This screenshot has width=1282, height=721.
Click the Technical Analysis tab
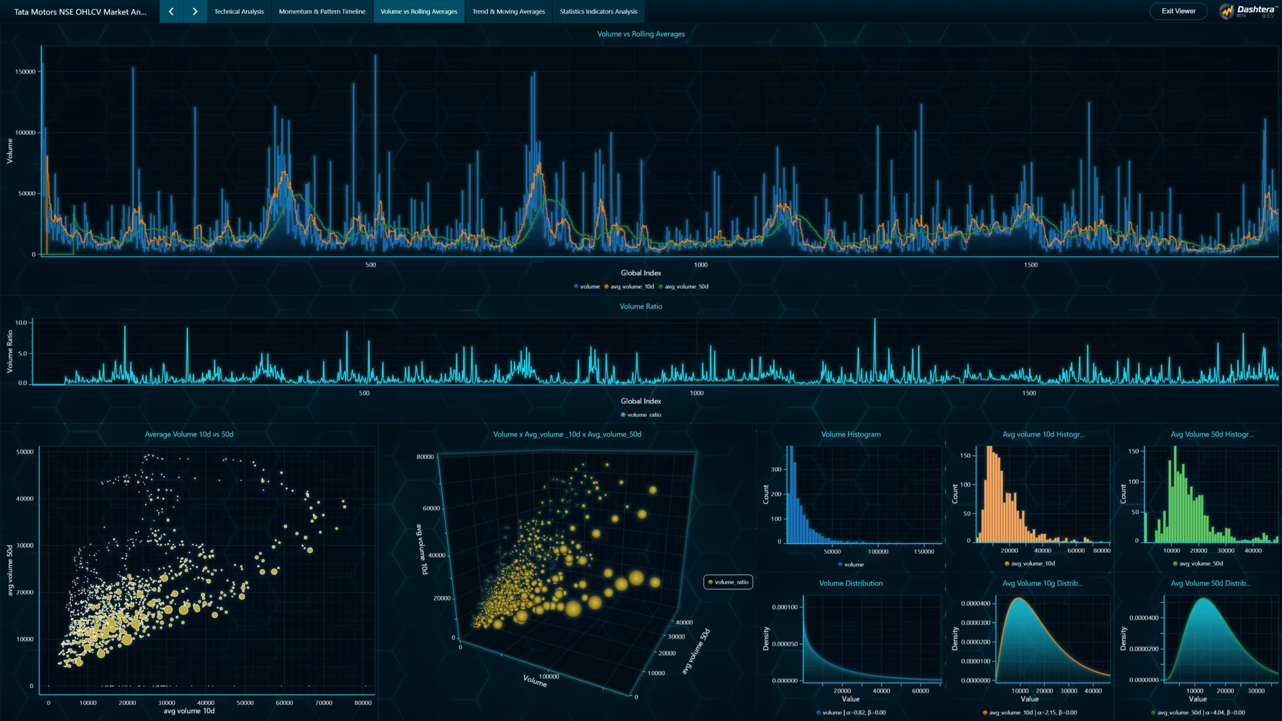pos(239,12)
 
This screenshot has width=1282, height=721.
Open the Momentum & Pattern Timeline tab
pos(322,12)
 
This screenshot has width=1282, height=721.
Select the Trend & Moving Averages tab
pos(508,12)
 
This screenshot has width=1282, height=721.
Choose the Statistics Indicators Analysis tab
pos(598,12)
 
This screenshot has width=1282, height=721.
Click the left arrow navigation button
pos(171,12)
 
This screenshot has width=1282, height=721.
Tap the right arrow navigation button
pos(195,12)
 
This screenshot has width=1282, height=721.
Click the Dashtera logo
pos(1246,11)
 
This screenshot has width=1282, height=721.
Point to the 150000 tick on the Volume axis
pos(25,72)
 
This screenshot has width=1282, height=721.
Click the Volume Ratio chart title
pos(641,306)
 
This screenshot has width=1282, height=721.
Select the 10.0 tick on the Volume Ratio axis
pos(21,322)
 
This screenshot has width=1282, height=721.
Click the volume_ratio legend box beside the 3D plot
pos(728,582)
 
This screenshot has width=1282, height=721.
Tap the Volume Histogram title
pos(851,434)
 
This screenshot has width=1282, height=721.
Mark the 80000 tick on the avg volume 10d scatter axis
pos(363,702)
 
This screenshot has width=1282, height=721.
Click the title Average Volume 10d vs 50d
pos(189,434)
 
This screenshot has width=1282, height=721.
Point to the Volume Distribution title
pos(851,583)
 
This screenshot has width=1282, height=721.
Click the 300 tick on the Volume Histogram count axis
pos(776,469)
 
